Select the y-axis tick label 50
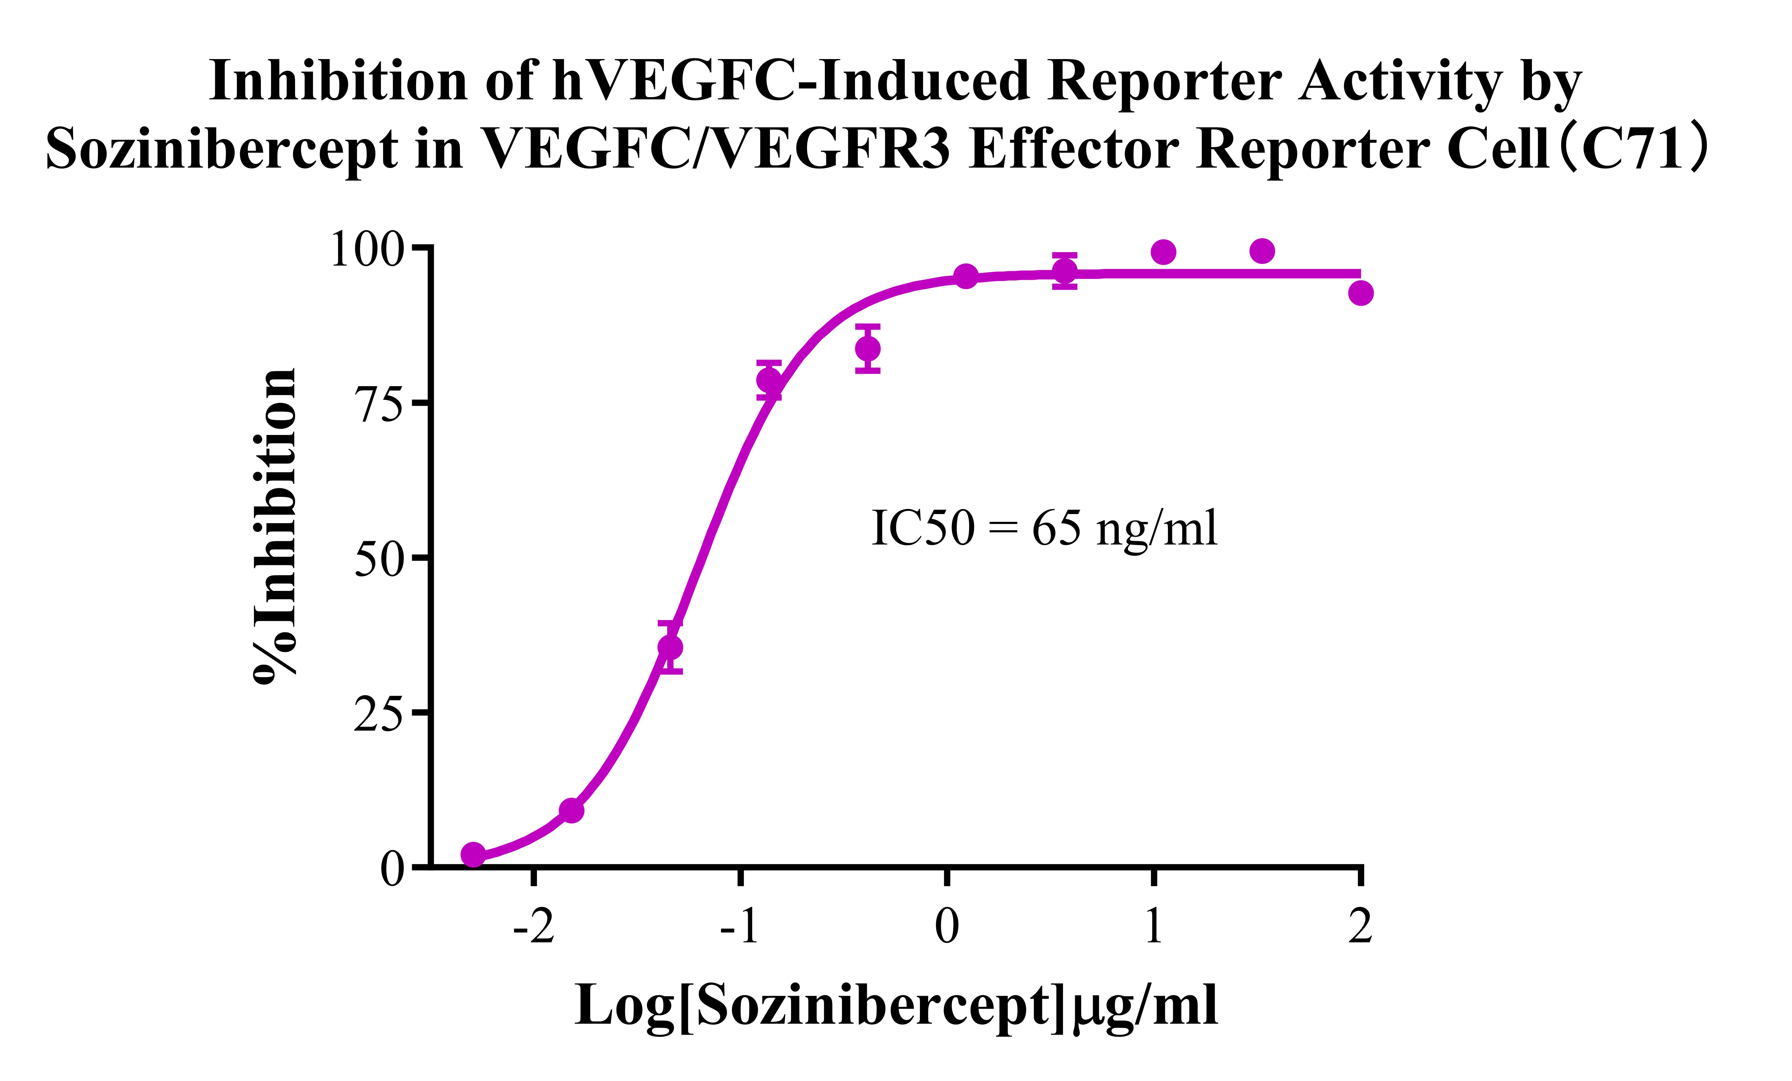coord(378,560)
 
